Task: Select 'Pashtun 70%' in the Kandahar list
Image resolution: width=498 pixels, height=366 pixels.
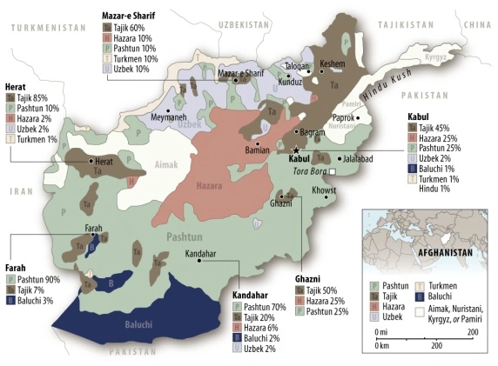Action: tap(267, 308)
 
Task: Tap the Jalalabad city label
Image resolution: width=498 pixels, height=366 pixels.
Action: tap(357, 158)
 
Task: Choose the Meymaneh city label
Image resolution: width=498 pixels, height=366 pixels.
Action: tap(169, 116)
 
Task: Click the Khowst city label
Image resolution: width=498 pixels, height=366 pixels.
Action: tap(323, 189)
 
